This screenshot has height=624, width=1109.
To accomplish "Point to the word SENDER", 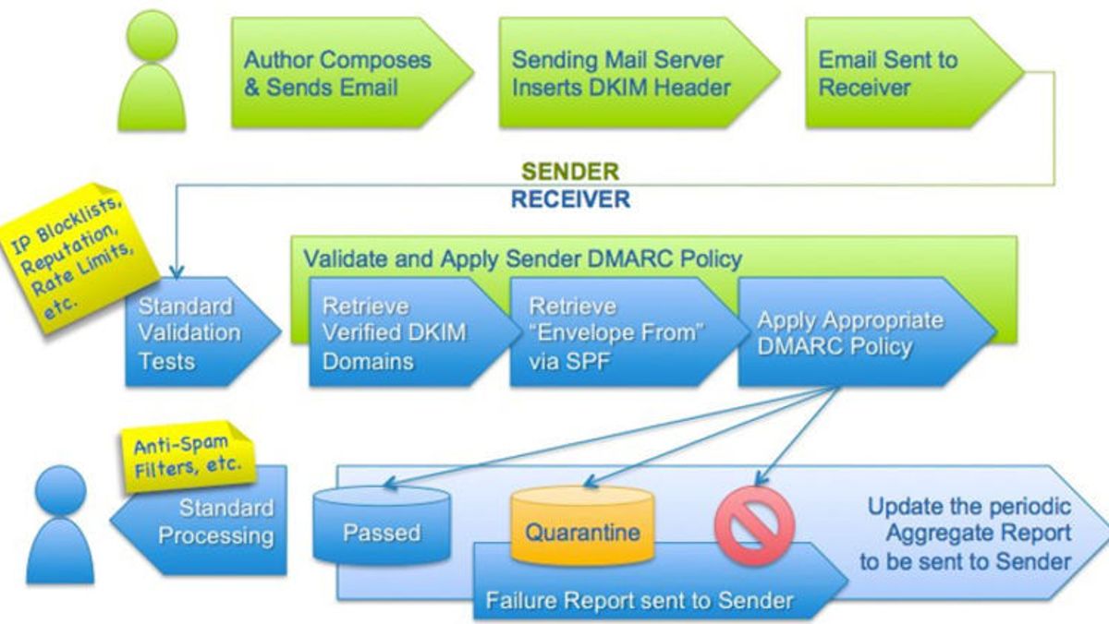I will (x=570, y=172).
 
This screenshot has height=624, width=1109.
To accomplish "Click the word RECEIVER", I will (x=570, y=198).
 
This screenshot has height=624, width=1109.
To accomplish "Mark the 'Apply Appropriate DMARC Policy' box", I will (x=850, y=332).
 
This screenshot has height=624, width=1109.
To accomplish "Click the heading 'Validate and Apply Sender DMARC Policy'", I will (x=522, y=258).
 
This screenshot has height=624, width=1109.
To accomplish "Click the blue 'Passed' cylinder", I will (x=382, y=532).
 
